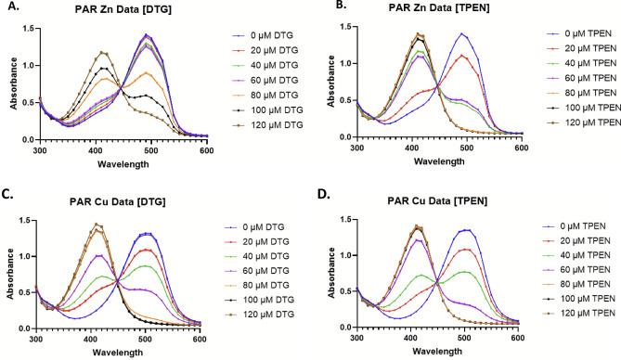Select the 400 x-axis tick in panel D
[383, 337]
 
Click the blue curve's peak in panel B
[461, 34]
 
